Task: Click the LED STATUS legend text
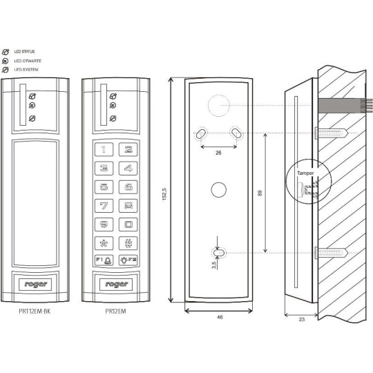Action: (x=24, y=52)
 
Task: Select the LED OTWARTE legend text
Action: (x=26, y=61)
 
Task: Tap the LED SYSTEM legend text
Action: (x=25, y=70)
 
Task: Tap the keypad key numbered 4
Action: (x=127, y=167)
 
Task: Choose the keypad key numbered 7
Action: (x=104, y=205)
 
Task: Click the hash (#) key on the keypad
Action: (x=127, y=242)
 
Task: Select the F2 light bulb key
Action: (x=127, y=260)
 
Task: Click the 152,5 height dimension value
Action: (x=163, y=193)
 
